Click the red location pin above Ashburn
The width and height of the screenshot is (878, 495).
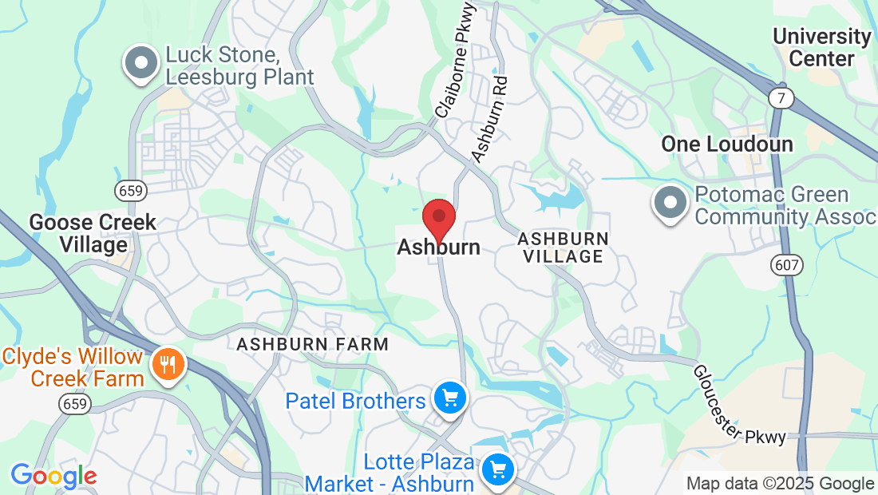pos(438,218)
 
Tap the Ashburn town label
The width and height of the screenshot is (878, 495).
pos(439,247)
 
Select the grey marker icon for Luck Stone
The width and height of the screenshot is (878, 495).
pos(141,62)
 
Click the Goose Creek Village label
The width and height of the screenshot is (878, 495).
pos(93,233)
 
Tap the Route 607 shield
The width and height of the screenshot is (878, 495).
pos(788,264)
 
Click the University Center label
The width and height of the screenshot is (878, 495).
pos(821,47)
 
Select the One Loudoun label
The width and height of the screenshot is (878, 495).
pos(727,145)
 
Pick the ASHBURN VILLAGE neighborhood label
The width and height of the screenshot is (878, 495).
pos(563,247)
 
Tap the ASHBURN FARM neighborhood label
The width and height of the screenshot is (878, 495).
pos(313,344)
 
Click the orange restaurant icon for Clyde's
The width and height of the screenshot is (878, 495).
pos(168,366)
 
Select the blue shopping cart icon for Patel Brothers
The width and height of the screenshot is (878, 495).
pos(449,397)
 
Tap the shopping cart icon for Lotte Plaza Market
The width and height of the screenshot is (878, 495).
pos(499,468)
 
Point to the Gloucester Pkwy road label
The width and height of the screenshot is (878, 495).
pos(739,405)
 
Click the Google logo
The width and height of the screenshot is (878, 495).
pos(53,477)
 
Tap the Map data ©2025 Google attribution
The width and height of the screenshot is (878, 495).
pos(780,484)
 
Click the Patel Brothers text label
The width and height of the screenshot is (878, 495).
pos(355,400)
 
